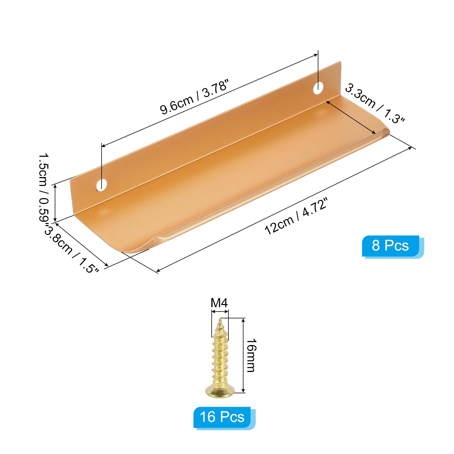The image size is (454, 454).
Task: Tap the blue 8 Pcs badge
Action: (390, 246)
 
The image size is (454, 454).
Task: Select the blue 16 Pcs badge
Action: (222, 417)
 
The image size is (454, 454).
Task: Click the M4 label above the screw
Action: (219, 303)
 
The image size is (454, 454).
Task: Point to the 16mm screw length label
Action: (251, 355)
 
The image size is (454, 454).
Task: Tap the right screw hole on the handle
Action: (318, 88)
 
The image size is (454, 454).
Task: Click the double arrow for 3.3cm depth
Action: (351, 117)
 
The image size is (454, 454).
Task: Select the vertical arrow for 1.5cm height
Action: (55, 203)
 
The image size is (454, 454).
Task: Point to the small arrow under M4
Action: (220, 312)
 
